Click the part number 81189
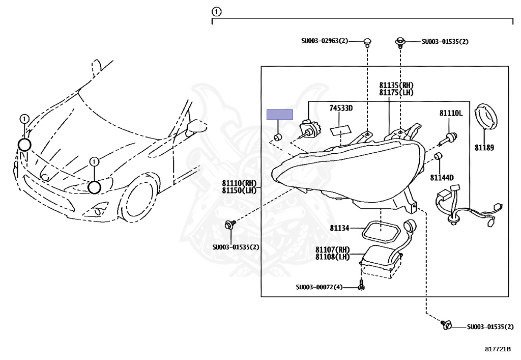coord(484,148)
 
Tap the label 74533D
coord(340,108)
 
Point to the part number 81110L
coord(451,113)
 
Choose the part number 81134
coord(339,229)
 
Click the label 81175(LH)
coord(396,93)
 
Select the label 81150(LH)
coord(239,190)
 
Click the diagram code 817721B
coord(497,349)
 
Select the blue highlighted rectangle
coord(280,114)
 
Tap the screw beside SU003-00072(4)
coord(361,286)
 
